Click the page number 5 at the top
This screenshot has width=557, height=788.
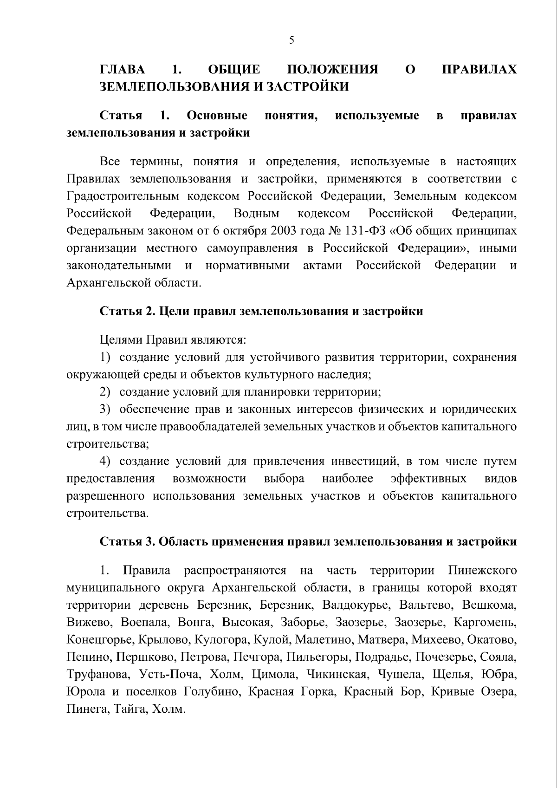click(x=291, y=40)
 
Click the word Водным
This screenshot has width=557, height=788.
click(x=256, y=214)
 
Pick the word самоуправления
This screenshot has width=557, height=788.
click(x=252, y=248)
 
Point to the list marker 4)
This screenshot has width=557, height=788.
click(x=106, y=462)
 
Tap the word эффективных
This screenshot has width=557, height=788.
click(x=428, y=479)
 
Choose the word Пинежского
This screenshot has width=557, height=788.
click(x=483, y=570)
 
